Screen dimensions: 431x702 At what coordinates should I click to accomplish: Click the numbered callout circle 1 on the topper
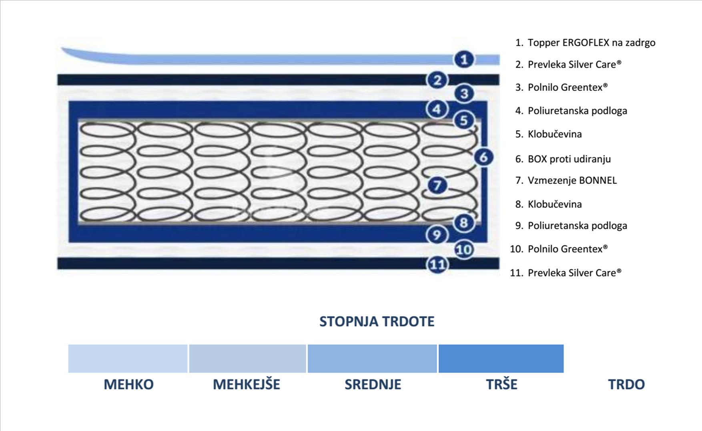coord(464,60)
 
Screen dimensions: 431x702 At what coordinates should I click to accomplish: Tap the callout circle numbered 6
coord(483,157)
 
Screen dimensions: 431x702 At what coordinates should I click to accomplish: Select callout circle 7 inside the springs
coord(437,185)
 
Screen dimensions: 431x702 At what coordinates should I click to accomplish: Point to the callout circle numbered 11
coord(437,265)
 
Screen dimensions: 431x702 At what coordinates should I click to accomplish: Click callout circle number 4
coord(437,109)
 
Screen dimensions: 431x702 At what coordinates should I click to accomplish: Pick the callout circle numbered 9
coord(437,235)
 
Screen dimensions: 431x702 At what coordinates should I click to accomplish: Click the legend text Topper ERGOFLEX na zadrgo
coord(591,42)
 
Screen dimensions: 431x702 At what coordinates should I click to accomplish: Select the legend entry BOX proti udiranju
coord(569,159)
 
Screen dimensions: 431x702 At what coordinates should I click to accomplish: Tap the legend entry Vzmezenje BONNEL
coord(572,181)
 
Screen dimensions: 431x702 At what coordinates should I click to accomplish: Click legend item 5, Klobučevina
coord(554,134)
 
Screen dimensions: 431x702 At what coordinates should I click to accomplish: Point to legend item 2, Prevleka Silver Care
coord(574,64)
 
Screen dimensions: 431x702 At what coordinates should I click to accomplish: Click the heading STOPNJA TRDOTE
coord(377,321)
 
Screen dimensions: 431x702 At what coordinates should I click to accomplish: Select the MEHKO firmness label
coord(128,384)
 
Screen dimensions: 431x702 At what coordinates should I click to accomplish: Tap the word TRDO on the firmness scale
coord(626,384)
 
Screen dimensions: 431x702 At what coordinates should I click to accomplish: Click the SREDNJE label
coord(373,384)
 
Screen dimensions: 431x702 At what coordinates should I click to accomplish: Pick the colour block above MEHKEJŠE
coord(247,358)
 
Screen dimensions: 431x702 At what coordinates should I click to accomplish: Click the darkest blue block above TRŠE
coord(501,358)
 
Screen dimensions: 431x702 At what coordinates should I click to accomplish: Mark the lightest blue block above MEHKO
coord(128,358)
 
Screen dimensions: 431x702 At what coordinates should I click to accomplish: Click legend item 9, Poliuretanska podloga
coord(577,226)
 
